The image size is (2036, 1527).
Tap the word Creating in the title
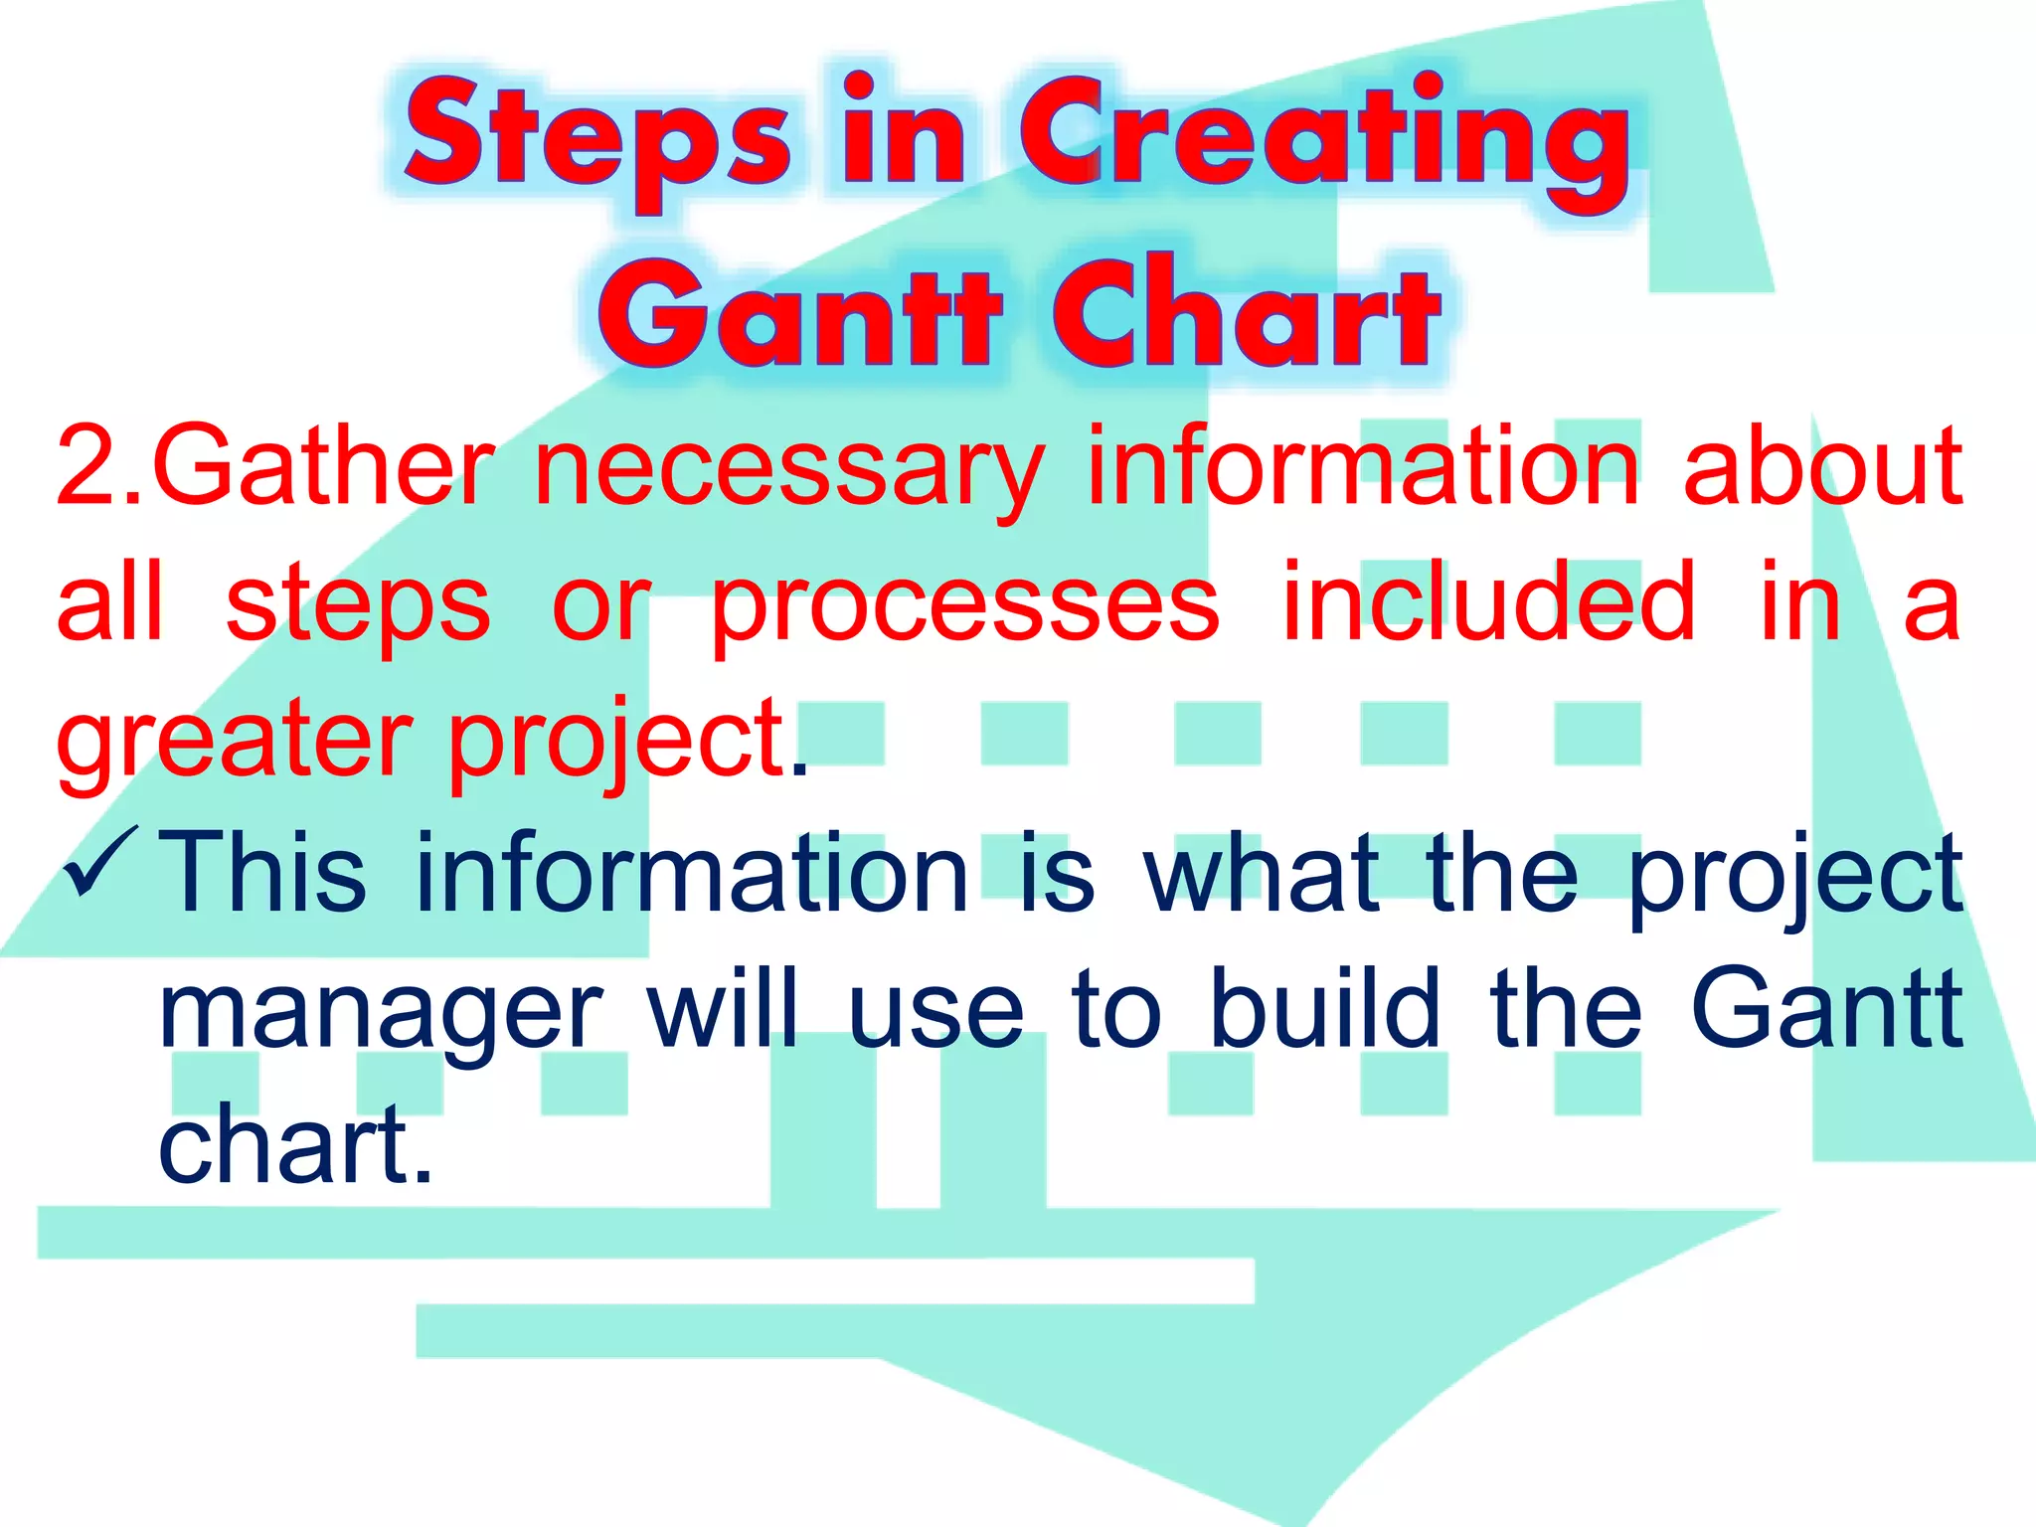[x=1322, y=134]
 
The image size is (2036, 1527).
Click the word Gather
[x=323, y=465]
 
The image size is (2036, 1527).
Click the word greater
[x=234, y=741]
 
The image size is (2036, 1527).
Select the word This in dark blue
[x=263, y=873]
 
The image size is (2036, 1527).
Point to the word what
[x=1263, y=873]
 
